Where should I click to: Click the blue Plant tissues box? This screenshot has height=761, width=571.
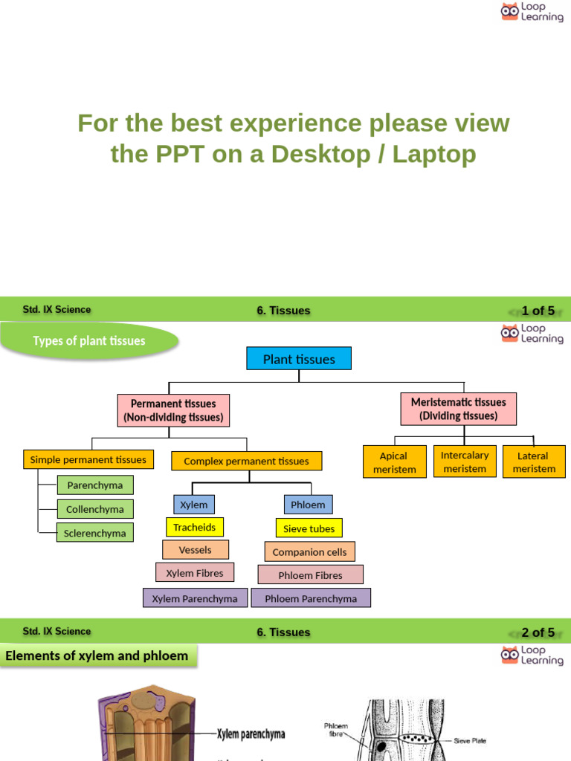click(299, 359)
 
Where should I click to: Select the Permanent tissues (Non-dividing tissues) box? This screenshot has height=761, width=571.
click(173, 410)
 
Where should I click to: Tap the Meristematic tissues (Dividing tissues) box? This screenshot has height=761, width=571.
click(458, 409)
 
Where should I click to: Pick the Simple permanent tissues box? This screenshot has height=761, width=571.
click(88, 459)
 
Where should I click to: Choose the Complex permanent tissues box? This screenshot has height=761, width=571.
click(246, 461)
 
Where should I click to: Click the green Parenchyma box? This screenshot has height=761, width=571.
click(95, 485)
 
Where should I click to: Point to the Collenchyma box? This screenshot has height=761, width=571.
click(95, 509)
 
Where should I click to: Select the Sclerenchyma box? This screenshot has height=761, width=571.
click(95, 533)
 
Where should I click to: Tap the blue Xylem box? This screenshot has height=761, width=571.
click(194, 505)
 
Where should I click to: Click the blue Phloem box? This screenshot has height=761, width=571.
click(308, 505)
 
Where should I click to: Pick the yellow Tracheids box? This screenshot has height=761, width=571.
click(194, 527)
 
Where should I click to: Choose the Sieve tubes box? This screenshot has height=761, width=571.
click(309, 528)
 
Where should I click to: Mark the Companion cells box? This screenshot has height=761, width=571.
click(309, 551)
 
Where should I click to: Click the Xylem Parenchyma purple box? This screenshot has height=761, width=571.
click(195, 598)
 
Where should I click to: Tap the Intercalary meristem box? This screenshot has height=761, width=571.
click(465, 462)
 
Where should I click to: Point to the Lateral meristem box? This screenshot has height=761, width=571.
click(534, 462)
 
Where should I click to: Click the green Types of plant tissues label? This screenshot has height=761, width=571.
click(89, 341)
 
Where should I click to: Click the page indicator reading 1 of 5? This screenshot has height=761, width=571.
click(538, 311)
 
